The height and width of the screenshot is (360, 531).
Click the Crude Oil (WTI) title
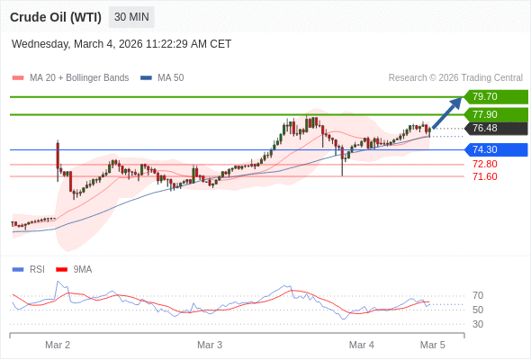click(56, 17)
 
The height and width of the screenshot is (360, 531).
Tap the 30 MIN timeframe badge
click(131, 17)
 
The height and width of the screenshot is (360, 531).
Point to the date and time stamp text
click(121, 43)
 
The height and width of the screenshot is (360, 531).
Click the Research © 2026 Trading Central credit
click(455, 78)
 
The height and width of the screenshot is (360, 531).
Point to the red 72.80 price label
click(484, 164)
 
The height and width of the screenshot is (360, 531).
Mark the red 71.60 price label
click(484, 176)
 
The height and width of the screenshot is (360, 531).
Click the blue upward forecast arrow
click(446, 113)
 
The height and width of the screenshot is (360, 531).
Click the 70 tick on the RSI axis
click(478, 295)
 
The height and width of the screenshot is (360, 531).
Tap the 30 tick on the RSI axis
click(478, 324)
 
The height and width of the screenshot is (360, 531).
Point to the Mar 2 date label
click(58, 345)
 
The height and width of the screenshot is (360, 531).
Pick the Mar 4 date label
click(361, 345)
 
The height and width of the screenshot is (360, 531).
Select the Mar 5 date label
click(433, 345)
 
